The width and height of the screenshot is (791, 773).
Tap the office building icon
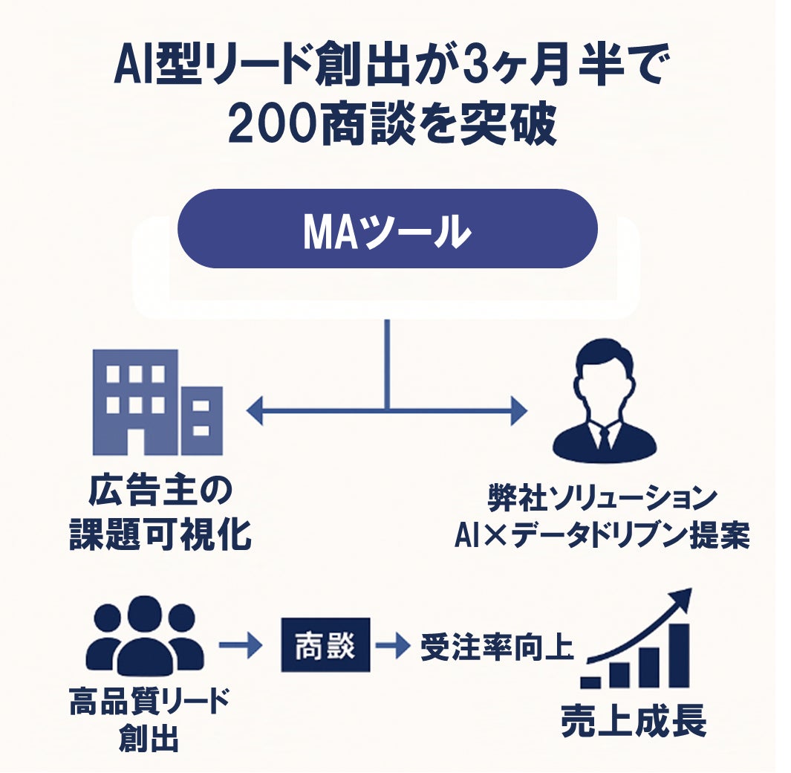[157, 402]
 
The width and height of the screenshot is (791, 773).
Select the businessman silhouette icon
[604, 402]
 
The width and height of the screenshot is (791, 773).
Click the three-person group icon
[144, 635]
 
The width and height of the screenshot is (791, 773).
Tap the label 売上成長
[633, 719]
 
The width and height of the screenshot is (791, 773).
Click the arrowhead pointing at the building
[254, 410]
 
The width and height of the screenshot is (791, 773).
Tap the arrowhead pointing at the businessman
[518, 410]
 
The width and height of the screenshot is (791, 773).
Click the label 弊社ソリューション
[602, 497]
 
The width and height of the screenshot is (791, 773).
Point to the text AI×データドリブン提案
[602, 535]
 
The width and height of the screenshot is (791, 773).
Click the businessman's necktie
[604, 440]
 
